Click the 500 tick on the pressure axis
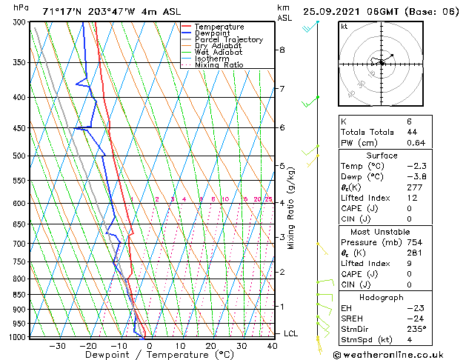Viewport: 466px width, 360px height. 20,156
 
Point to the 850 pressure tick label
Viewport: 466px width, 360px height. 20,295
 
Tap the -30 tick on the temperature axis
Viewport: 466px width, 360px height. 56,346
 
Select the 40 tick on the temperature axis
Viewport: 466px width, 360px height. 273,346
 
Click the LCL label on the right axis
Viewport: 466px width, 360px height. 290,334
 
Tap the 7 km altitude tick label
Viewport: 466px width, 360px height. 282,90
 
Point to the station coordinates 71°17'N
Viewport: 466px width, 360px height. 61,11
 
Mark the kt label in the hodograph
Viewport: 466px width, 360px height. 344,26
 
